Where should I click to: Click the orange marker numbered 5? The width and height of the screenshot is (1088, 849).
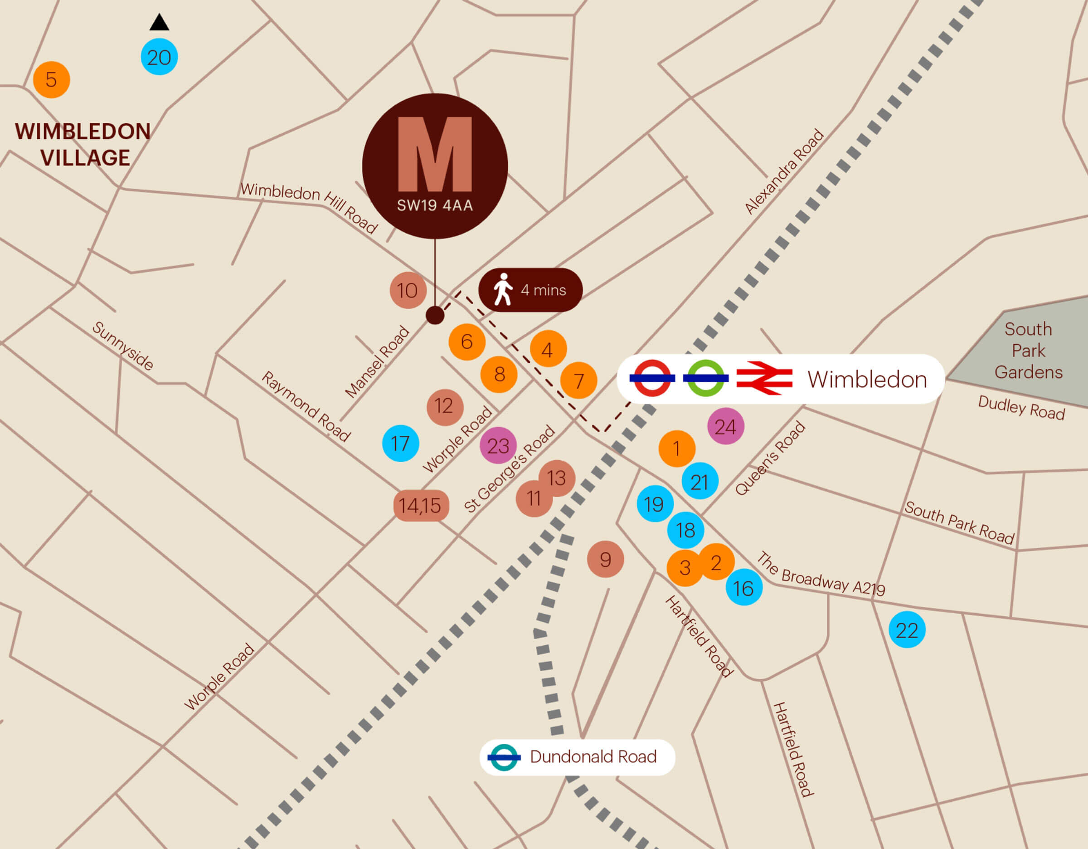point(51,80)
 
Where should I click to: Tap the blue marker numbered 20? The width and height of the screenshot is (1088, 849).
point(159,57)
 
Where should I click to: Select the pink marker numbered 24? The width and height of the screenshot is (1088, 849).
point(725,426)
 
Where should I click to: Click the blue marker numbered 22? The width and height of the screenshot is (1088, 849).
point(907,630)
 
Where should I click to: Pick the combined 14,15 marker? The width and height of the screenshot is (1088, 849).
point(420,506)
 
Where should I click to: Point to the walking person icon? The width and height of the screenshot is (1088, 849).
point(503,289)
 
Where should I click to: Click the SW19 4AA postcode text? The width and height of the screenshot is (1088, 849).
point(434,205)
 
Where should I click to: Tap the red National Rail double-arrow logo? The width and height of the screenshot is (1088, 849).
point(764,379)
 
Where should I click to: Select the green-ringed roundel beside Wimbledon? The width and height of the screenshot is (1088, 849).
point(705,379)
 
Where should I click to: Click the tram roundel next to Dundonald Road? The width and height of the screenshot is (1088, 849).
point(504,757)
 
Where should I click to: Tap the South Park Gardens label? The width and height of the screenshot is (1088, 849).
point(1028,350)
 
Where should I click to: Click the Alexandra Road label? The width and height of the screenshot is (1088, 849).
point(784,171)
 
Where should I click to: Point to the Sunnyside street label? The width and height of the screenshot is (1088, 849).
point(122,346)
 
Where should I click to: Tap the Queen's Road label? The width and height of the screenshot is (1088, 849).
point(770,458)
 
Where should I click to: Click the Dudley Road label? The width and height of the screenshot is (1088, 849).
point(1021,408)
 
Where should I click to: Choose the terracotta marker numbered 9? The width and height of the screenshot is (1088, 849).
point(605,560)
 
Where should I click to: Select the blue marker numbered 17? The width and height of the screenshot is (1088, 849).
point(400,444)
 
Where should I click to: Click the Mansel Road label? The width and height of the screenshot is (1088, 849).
point(377,362)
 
